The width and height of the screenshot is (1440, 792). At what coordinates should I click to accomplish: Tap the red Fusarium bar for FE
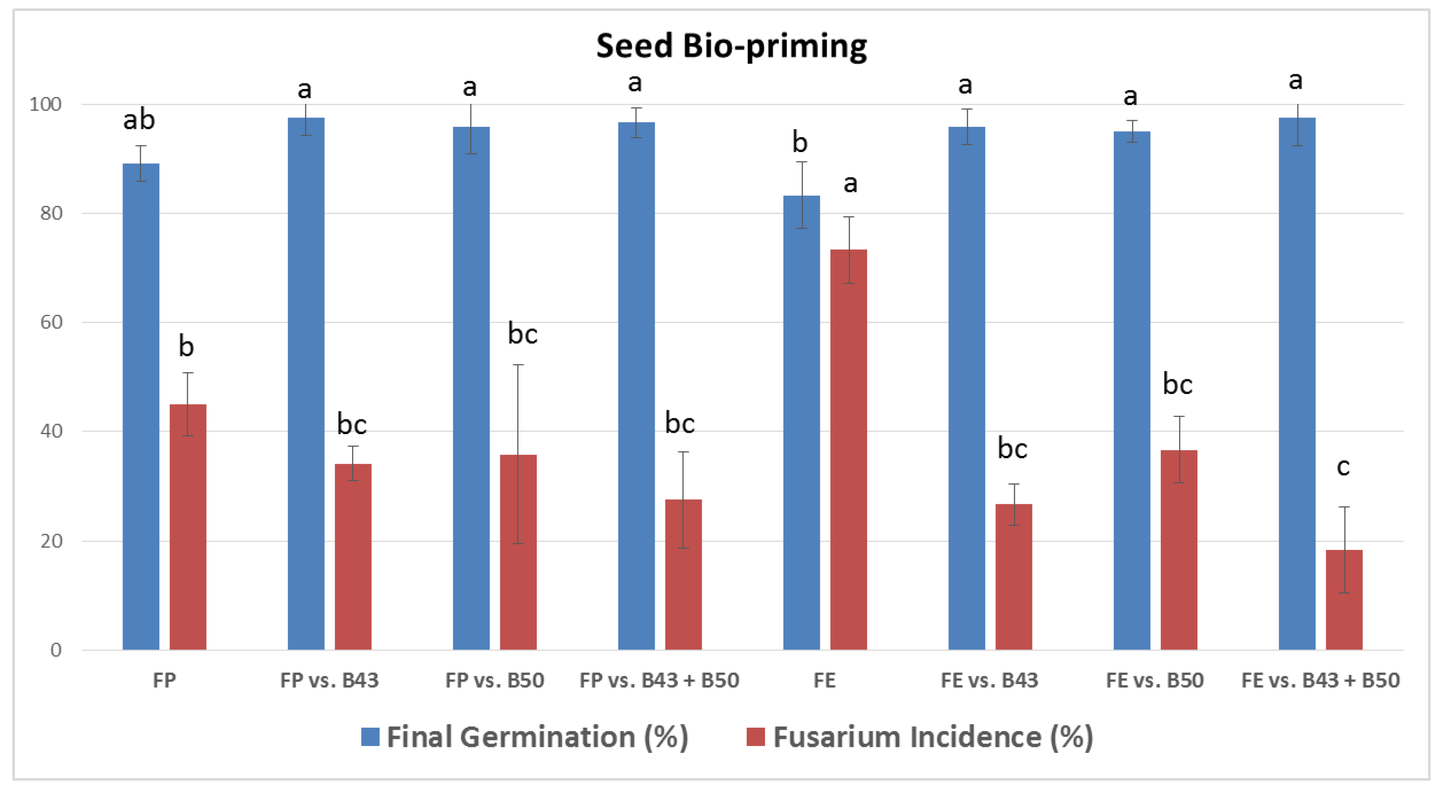click(848, 449)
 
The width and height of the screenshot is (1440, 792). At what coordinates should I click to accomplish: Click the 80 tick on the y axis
click(51, 213)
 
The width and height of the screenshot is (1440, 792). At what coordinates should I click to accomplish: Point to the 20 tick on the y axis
click(51, 541)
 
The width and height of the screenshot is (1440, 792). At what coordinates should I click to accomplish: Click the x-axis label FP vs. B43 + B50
click(659, 680)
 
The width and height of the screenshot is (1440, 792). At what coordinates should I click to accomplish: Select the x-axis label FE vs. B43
click(989, 680)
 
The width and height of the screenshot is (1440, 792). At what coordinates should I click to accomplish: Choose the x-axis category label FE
click(824, 680)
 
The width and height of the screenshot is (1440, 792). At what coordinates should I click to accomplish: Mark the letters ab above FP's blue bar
click(139, 120)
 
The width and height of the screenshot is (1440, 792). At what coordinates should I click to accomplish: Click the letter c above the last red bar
click(1343, 467)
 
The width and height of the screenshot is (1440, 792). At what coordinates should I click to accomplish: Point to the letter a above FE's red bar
click(850, 183)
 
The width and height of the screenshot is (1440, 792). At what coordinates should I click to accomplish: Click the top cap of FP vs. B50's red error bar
click(517, 365)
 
